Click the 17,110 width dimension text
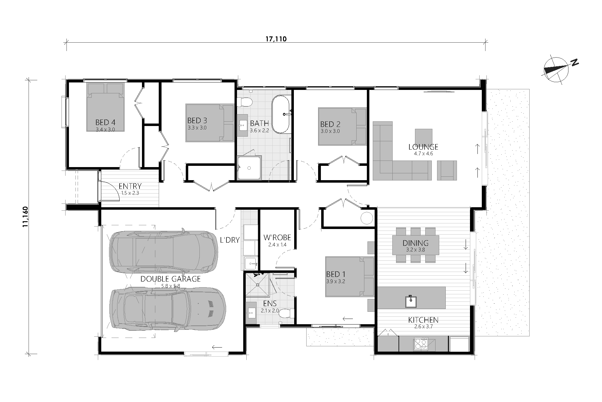(276, 39)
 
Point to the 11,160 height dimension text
(25, 217)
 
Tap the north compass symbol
(558, 70)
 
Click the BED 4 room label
(105, 122)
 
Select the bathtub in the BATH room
(281, 114)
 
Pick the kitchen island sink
(411, 301)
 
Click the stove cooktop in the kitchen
(421, 344)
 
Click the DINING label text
(416, 243)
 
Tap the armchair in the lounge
(447, 170)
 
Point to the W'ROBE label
(277, 238)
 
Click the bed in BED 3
(210, 123)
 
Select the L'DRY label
(230, 240)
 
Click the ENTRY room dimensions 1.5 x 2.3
(130, 193)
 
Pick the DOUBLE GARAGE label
(171, 279)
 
